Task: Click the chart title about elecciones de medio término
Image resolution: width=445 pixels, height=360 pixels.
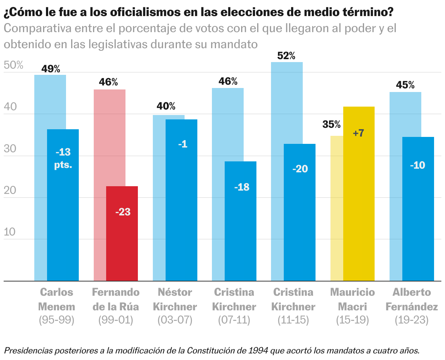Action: pyautogui.click(x=198, y=12)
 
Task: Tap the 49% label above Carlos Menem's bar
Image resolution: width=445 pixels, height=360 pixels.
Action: pyautogui.click(x=51, y=69)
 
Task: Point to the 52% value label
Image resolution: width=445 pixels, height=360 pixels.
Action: pyautogui.click(x=286, y=56)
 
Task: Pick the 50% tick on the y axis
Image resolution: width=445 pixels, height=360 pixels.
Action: pyautogui.click(x=13, y=66)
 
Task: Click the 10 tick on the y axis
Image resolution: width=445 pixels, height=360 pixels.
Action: pyautogui.click(x=10, y=232)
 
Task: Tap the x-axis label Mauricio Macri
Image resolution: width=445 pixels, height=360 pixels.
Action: pyautogui.click(x=352, y=299)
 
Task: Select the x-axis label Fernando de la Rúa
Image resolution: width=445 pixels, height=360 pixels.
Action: pyautogui.click(x=116, y=299)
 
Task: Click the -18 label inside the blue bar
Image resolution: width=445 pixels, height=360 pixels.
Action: pyautogui.click(x=242, y=187)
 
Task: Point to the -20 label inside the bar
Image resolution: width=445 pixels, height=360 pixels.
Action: pyautogui.click(x=300, y=169)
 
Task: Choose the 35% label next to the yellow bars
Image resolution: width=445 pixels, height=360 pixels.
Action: pyautogui.click(x=332, y=125)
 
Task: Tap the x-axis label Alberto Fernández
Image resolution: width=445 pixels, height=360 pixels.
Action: pyautogui.click(x=411, y=299)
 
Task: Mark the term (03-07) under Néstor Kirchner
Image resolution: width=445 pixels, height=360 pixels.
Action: pyautogui.click(x=175, y=320)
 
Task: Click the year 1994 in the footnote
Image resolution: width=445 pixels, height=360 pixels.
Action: pyautogui.click(x=259, y=351)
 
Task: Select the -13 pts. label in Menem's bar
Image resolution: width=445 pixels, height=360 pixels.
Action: pyautogui.click(x=63, y=158)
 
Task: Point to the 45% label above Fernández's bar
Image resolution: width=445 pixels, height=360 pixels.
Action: pyautogui.click(x=406, y=85)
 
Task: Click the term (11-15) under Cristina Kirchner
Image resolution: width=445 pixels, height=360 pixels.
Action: pyautogui.click(x=293, y=320)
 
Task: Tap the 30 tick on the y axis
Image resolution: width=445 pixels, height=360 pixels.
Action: pyautogui.click(x=10, y=149)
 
